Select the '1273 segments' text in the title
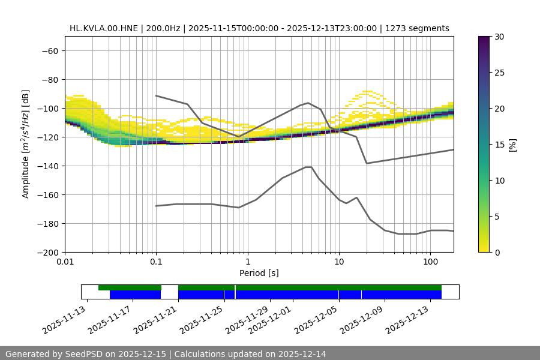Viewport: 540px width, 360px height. coord(417,28)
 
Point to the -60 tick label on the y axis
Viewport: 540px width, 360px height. coord(49,50)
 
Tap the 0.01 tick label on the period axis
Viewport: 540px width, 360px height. coord(65,262)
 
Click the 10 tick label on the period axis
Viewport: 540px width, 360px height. coord(338,262)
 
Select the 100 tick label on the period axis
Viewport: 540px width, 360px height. coord(430,262)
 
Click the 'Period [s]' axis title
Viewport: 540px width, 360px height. coord(259,273)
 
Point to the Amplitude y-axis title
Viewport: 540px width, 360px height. coord(26,144)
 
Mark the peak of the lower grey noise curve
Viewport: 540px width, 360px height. coord(308,167)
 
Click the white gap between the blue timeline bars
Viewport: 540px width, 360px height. coord(170,294)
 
